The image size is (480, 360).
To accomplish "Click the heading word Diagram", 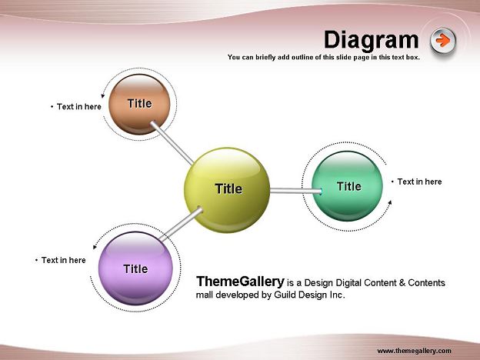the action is tap(371, 40).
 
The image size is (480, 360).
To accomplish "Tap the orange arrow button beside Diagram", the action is tap(442, 41).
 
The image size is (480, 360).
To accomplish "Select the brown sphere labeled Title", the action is tap(139, 105).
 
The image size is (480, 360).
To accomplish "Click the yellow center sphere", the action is tap(227, 190).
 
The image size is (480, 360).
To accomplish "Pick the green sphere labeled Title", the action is tap(347, 186).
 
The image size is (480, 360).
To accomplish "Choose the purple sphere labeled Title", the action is tap(135, 268).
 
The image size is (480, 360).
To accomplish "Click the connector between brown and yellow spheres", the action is tap(172, 143).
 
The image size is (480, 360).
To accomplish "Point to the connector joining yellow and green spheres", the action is tap(295, 191).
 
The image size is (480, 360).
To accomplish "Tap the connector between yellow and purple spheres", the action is tap(182, 224).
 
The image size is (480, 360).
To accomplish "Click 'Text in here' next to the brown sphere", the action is tap(79, 106).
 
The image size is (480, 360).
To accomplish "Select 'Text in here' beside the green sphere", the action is tap(419, 182).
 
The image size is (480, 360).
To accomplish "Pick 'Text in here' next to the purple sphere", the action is tap(64, 260).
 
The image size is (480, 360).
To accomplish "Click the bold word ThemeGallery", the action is tap(240, 282).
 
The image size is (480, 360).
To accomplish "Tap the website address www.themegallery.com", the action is tap(414, 351).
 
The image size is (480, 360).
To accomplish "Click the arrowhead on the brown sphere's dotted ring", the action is tap(103, 96).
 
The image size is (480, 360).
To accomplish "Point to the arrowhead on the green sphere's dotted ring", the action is tap(390, 202).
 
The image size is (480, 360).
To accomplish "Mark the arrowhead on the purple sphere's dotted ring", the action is tap(95, 247).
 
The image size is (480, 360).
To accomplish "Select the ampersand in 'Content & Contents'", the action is tap(402, 282).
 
